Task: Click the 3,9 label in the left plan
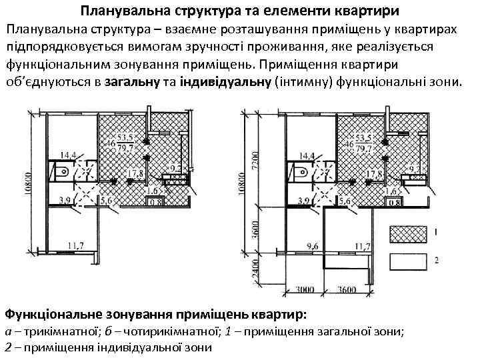pos(65,200)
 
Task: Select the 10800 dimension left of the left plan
pos(26,181)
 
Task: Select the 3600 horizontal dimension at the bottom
pos(347,291)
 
